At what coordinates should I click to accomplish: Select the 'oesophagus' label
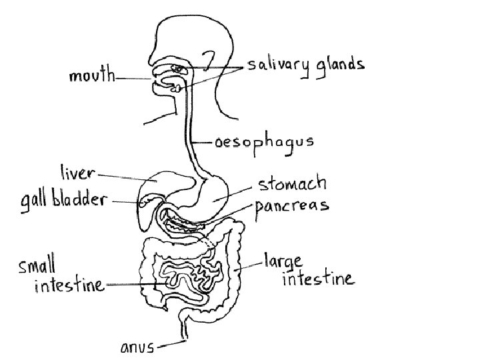click(x=263, y=142)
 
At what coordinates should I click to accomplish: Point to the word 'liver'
click(x=78, y=173)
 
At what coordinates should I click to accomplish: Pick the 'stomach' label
click(x=292, y=183)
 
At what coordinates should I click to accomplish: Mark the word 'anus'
click(x=136, y=347)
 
